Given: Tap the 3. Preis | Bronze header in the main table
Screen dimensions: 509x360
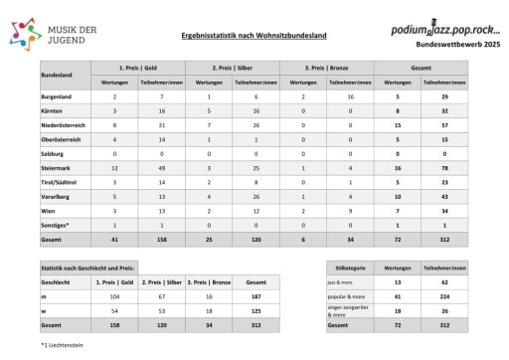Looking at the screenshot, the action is [x=331, y=67].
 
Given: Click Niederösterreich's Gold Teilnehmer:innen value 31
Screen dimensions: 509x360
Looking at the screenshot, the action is [x=163, y=127].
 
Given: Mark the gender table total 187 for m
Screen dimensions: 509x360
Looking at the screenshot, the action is [x=255, y=296].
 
